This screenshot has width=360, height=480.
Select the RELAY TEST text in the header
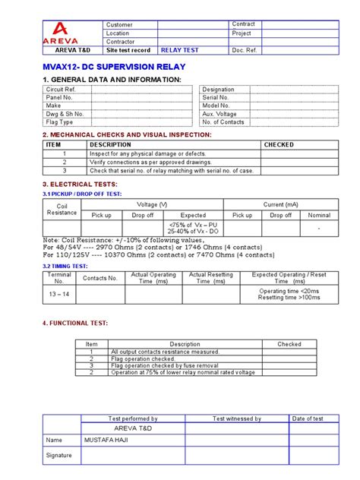[x=177, y=50]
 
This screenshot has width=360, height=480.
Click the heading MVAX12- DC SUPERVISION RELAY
[x=114, y=67]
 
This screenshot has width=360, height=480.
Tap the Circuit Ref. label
[x=61, y=89]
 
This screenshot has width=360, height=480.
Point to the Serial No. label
[x=216, y=97]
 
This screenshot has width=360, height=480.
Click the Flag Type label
[x=60, y=122]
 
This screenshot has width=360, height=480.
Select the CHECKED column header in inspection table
[x=279, y=144]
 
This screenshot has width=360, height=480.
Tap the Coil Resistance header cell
[x=62, y=210]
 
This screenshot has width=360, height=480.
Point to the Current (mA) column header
[x=281, y=204]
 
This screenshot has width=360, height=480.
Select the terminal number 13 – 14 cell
[x=58, y=294]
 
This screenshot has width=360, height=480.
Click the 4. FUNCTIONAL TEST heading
[x=75, y=323]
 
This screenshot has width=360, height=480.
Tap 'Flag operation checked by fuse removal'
[x=164, y=365]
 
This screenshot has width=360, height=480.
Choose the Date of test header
[x=308, y=418]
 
